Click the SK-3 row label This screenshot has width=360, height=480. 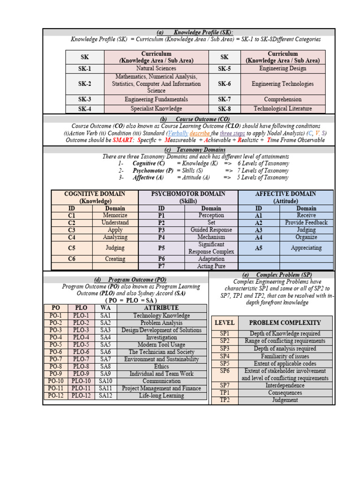click(85, 99)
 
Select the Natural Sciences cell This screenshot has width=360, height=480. click(156, 68)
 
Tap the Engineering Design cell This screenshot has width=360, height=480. click(283, 68)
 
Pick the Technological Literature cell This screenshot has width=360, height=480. click(283, 109)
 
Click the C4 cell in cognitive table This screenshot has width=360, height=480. click(71, 237)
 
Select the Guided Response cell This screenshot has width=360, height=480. click(211, 230)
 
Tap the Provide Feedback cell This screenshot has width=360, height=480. click(306, 223)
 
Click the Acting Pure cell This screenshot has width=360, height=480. click(211, 266)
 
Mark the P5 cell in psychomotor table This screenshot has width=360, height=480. click(161, 248)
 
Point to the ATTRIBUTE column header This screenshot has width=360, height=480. click(161, 308)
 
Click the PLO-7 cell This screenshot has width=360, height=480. click(82, 359)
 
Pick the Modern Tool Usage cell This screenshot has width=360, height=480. click(161, 345)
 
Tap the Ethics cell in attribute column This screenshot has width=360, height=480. click(161, 367)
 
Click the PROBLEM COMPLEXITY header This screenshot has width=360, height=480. click(285, 322)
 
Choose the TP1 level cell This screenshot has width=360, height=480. click(225, 393)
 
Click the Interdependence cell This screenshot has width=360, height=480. click(285, 385)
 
